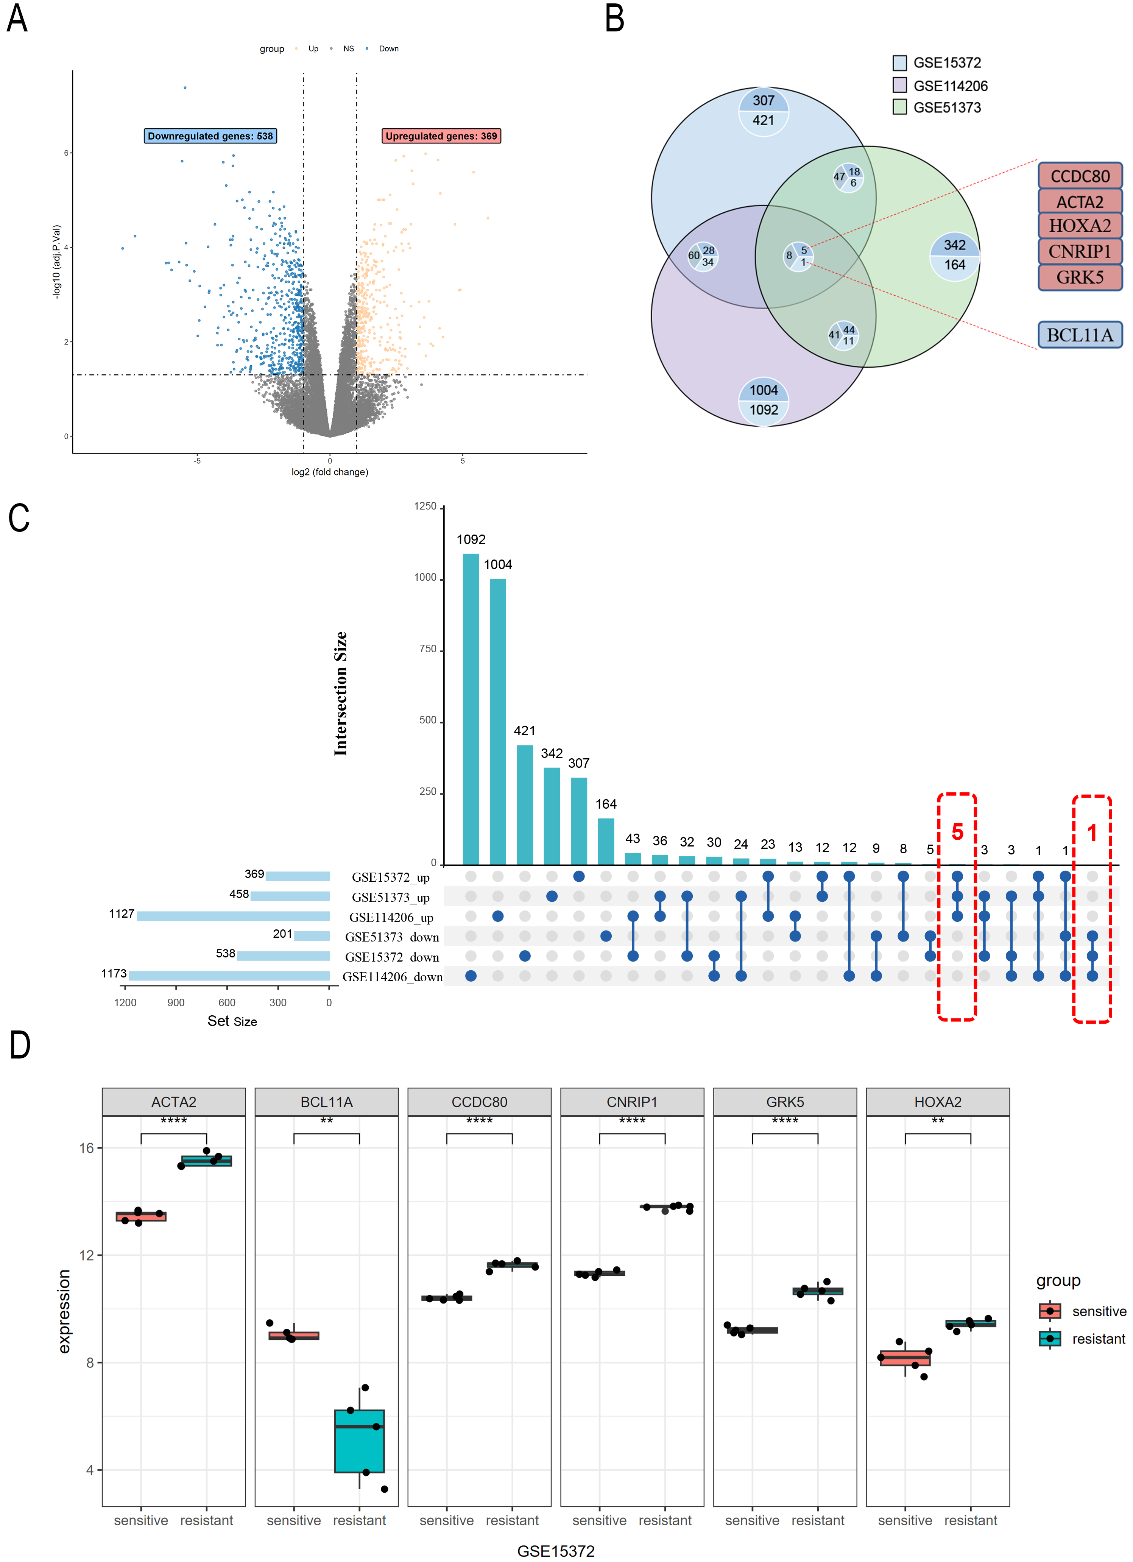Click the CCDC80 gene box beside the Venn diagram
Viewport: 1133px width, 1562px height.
[x=1079, y=176]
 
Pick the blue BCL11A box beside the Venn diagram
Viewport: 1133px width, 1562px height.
[x=1079, y=335]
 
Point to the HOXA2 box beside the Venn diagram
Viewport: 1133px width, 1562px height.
[x=1079, y=226]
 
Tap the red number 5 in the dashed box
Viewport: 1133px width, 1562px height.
[x=957, y=832]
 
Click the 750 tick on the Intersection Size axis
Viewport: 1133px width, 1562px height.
[x=425, y=650]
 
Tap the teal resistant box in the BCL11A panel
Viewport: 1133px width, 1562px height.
[x=360, y=1441]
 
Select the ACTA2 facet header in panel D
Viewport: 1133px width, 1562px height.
[x=174, y=1102]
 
